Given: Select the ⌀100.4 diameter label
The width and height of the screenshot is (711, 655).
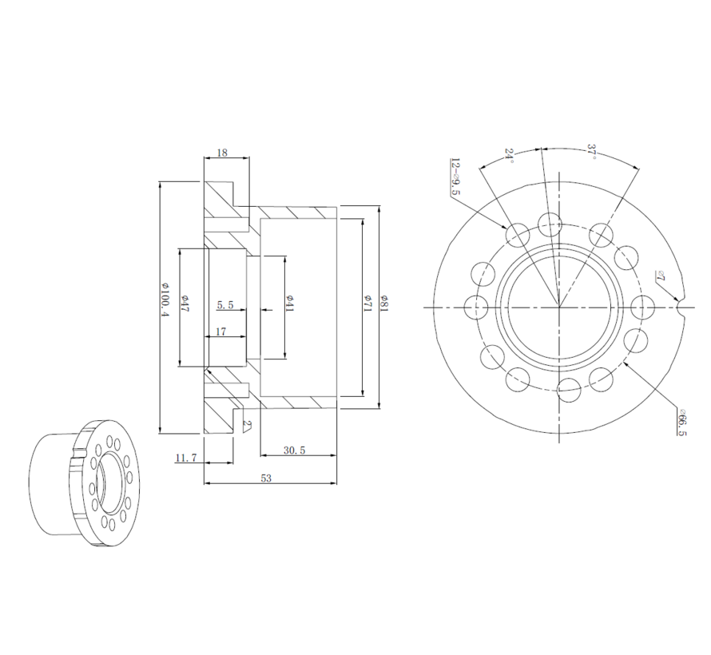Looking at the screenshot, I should (166, 300).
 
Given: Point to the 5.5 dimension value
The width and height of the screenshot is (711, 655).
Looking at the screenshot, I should (225, 304).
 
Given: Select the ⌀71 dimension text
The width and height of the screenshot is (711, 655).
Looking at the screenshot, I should (369, 304).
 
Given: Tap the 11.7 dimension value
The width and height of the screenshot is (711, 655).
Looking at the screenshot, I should (186, 458).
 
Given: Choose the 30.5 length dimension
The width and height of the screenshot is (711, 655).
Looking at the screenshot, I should (294, 451).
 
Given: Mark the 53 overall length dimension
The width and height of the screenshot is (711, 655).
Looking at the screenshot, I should (267, 478).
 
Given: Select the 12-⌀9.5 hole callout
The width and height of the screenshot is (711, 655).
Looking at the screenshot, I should (455, 177).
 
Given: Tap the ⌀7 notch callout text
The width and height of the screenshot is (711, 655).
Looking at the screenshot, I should (661, 276).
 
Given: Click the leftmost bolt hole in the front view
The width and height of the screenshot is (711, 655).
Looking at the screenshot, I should (476, 307).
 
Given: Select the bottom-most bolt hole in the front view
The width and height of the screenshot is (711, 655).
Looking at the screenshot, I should (570, 390).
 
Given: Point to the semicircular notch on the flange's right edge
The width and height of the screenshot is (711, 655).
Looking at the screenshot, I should (681, 307).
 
